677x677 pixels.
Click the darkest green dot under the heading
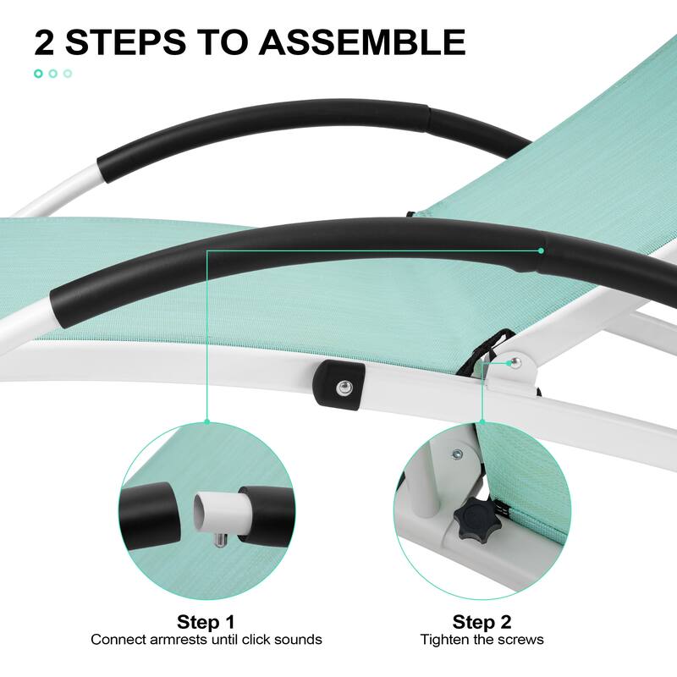pyautogui.click(x=38, y=74)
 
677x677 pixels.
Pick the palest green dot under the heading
pyautogui.click(x=68, y=74)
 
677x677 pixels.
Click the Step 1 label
pyautogui.click(x=206, y=622)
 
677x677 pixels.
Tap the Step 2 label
pyautogui.click(x=482, y=622)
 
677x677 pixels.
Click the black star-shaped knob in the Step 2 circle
pyautogui.click(x=477, y=516)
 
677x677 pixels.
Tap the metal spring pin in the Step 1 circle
pyautogui.click(x=221, y=539)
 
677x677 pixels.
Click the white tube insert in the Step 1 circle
pyautogui.click(x=223, y=513)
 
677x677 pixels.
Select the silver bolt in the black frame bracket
pyautogui.click(x=344, y=387)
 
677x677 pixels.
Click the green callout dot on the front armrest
pyautogui.click(x=541, y=250)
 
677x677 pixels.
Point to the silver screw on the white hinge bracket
pyautogui.click(x=515, y=362)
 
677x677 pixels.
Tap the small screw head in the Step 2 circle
pyautogui.click(x=456, y=454)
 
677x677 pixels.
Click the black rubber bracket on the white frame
pyautogui.click(x=339, y=385)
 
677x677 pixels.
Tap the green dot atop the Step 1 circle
pyautogui.click(x=206, y=421)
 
